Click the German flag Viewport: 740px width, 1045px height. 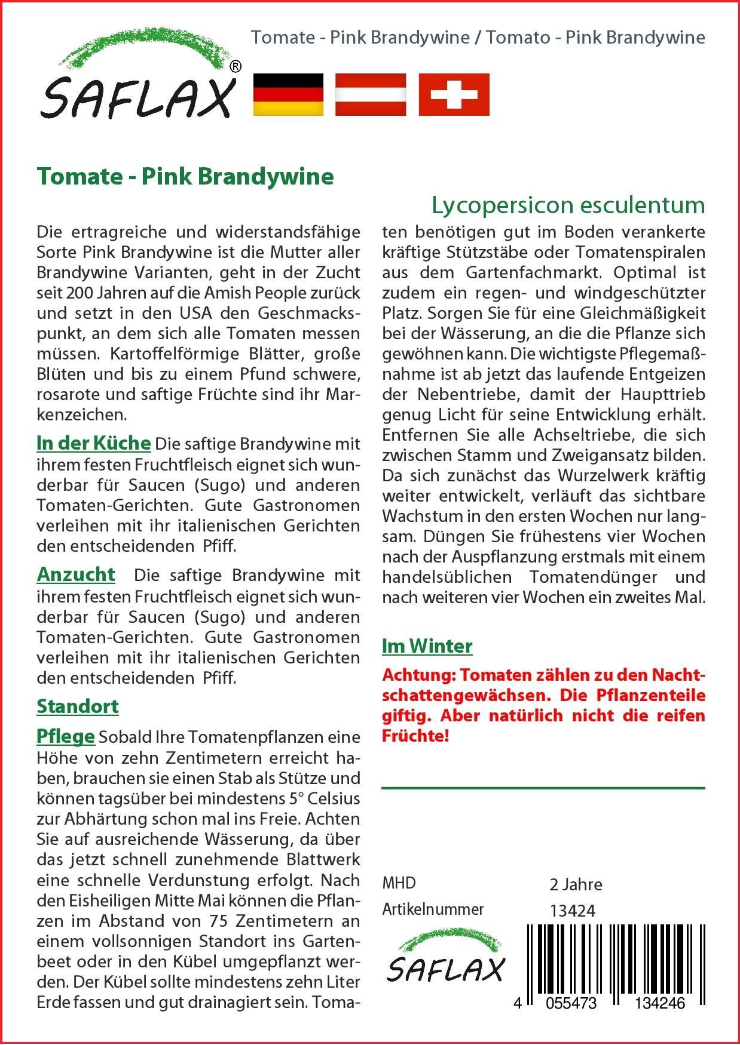tap(288, 94)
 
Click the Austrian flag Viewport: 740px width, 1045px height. tap(371, 94)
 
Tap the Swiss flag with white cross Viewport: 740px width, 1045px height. tap(454, 94)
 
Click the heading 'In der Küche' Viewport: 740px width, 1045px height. tap(94, 443)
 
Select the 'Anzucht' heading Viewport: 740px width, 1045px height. tap(76, 574)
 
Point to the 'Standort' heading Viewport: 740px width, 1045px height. tap(78, 706)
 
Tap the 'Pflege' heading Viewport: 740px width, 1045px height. tap(66, 736)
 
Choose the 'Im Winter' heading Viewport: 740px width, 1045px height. tap(427, 646)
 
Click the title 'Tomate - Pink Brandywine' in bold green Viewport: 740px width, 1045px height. tap(185, 177)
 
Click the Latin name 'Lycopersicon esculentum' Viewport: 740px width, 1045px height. tap(568, 205)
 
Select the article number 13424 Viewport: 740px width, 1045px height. tap(572, 911)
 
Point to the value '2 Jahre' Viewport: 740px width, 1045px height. tap(576, 884)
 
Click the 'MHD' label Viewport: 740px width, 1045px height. tap(399, 883)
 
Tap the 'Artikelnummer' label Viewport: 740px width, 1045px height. tap(433, 909)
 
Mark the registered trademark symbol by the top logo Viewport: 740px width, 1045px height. tap(236, 67)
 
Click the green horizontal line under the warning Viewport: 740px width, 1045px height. tap(543, 788)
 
